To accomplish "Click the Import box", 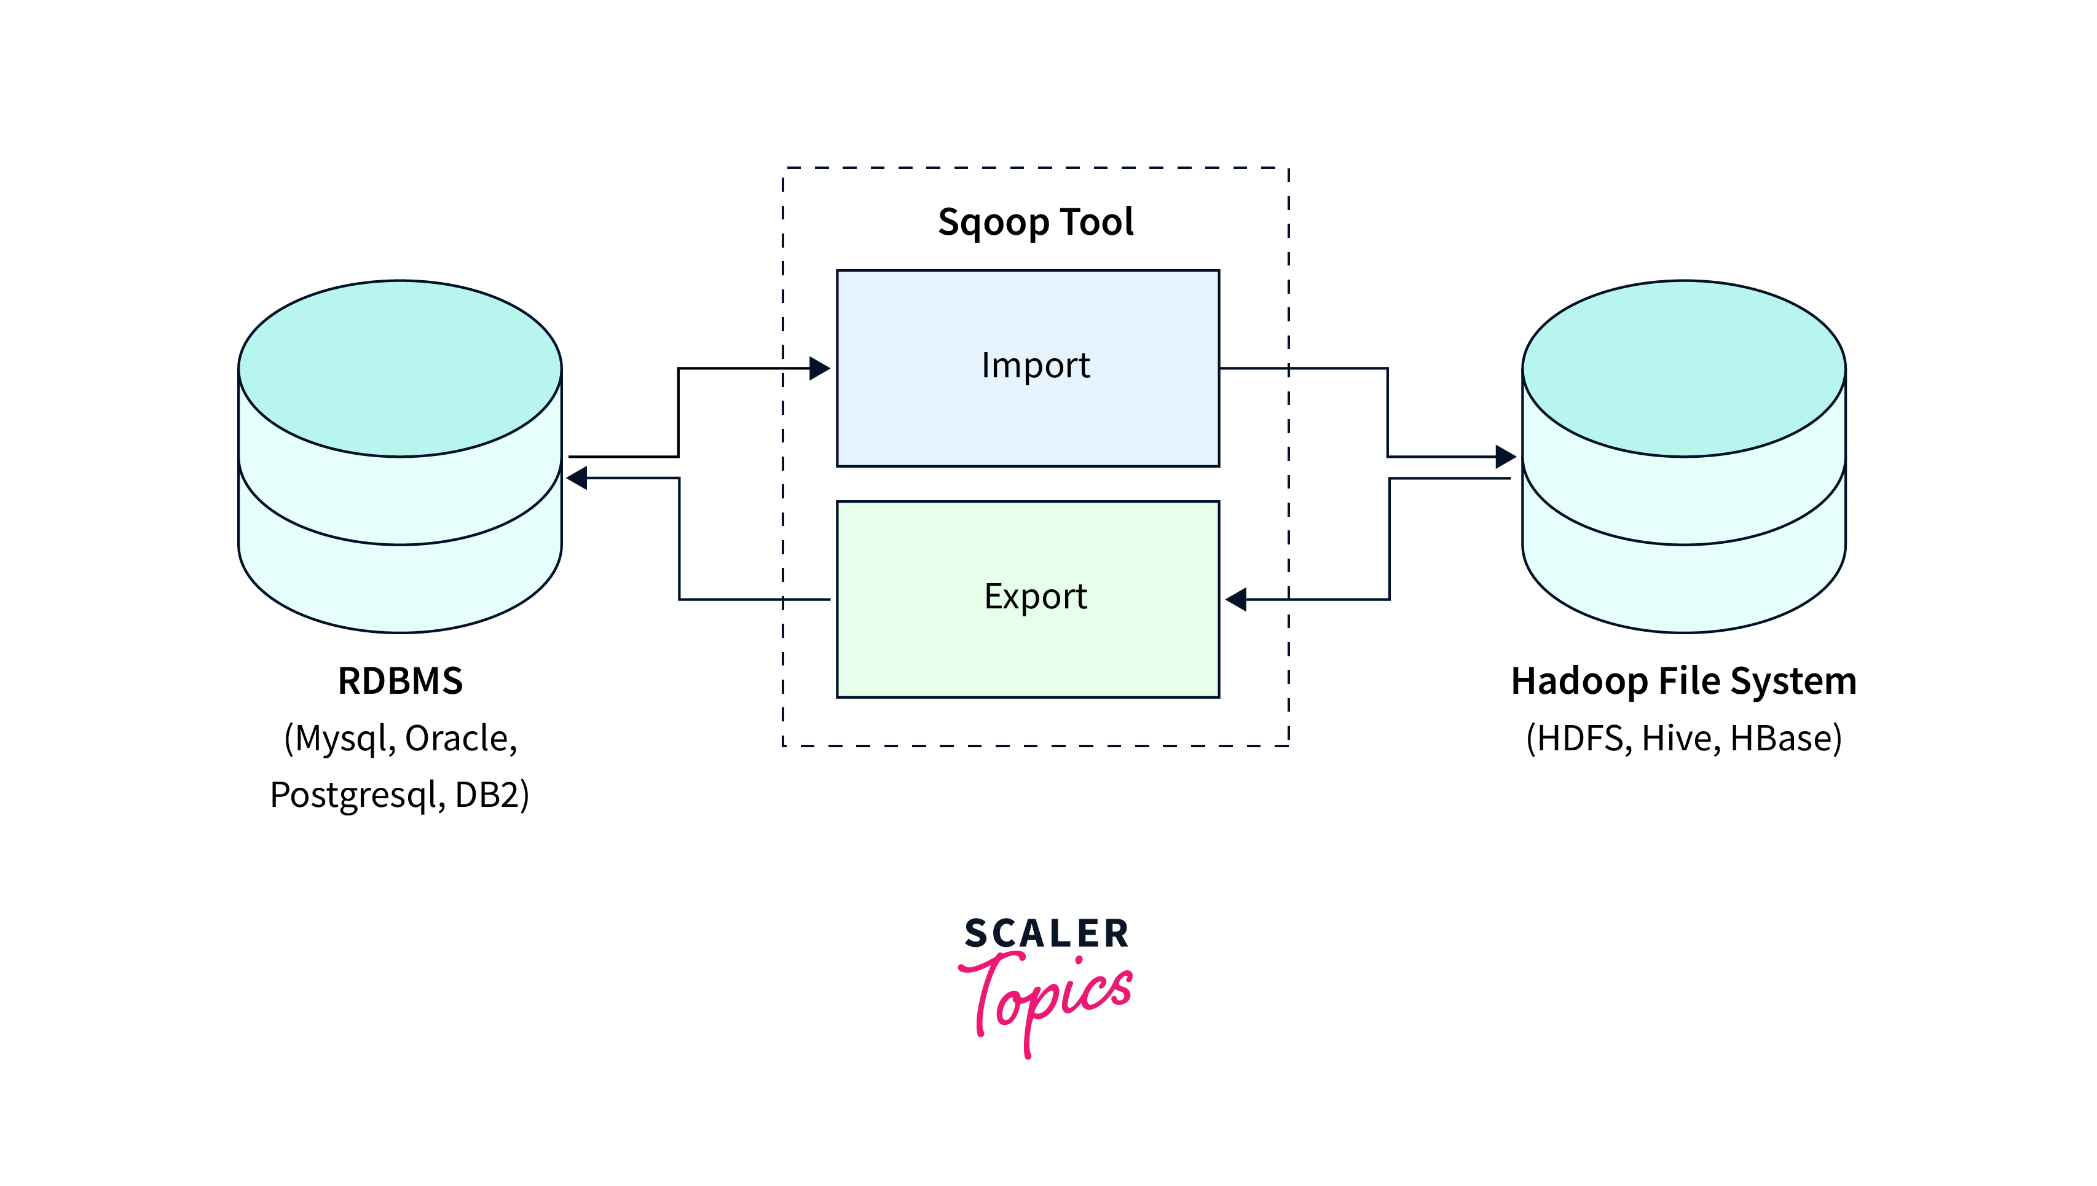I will pos(1028,368).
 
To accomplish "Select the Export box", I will pos(1028,600).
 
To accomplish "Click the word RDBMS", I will pos(400,681).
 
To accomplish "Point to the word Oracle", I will pos(460,738).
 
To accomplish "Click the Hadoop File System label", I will pos(1683,681).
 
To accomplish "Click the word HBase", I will pos(1784,738).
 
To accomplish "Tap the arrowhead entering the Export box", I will pos(1237,600).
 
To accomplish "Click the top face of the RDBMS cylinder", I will pos(400,368).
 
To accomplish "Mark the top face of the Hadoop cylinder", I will pos(1683,368).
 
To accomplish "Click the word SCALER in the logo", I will pos(1046,933).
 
